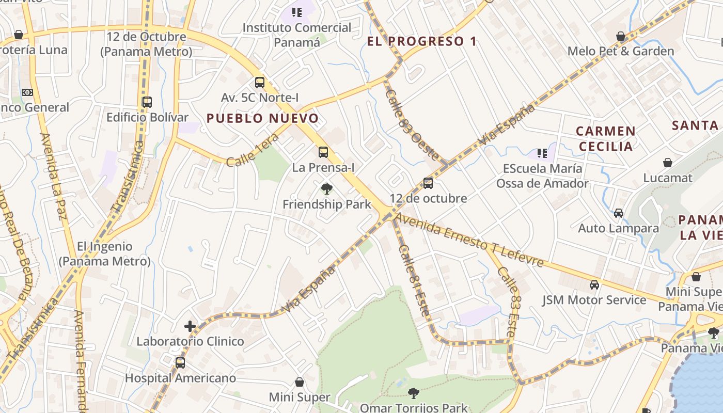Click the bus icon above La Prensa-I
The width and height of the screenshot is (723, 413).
point(323,152)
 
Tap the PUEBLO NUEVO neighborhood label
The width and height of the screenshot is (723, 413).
point(262,118)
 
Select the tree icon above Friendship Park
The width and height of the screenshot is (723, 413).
point(326,189)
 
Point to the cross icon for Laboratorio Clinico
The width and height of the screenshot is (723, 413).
point(190,326)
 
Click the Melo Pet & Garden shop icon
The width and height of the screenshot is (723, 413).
point(621,36)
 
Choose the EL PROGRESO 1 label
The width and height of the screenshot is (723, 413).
point(422,41)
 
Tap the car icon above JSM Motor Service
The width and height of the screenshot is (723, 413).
point(594,285)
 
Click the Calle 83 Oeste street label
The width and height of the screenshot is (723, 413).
point(412,125)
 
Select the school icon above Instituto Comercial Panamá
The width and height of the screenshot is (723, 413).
point(296,12)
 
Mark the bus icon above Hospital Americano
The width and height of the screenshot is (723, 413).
point(180,363)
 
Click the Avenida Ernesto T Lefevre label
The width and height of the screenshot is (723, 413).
point(469,241)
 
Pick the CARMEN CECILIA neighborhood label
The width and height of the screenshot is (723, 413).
point(606,139)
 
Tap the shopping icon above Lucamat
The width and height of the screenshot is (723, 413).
point(668,163)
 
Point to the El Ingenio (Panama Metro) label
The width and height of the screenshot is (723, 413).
point(105,253)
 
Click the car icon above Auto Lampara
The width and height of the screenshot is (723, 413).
point(619,213)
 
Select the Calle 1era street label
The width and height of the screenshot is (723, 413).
point(253,150)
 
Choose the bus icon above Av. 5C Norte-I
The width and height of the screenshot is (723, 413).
point(260,83)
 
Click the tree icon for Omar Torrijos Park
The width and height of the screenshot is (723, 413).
point(413,393)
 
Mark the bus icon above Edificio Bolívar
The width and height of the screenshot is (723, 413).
point(147,102)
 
